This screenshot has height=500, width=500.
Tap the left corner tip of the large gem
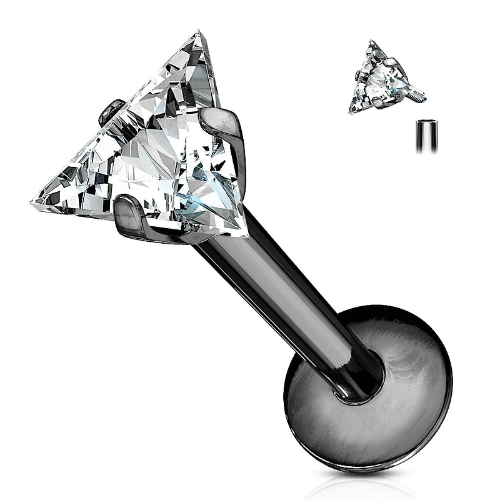click(x=32, y=202)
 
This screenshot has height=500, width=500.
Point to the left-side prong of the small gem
click(x=357, y=76)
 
